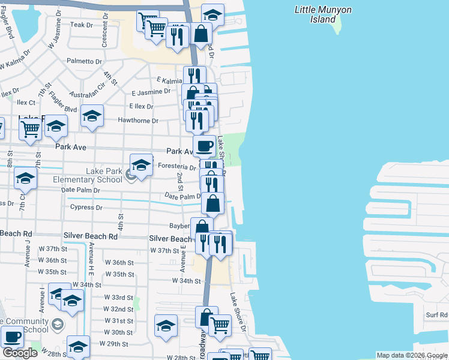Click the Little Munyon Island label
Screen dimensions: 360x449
pos(322,14)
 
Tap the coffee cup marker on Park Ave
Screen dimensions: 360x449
pos(204,145)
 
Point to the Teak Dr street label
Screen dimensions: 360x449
pos(82,25)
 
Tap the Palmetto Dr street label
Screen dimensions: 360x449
pos(84,61)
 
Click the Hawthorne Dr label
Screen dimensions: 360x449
pos(138,121)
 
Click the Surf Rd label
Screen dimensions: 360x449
pos(436,314)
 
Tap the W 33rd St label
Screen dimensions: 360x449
pos(118,298)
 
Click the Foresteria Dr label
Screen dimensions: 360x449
pos(176,168)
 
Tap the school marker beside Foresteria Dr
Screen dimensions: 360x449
pos(141,165)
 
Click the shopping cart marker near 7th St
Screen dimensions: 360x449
pos(30,127)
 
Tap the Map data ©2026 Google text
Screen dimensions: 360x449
pos(411,355)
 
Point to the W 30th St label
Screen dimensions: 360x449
pos(118,332)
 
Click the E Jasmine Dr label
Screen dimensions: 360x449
pos(151,92)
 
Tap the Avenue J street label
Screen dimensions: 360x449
pos(27,253)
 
